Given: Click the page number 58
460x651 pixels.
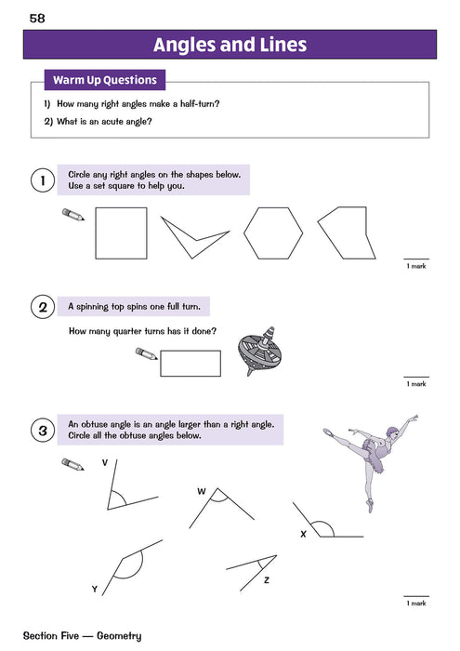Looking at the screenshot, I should [x=37, y=18].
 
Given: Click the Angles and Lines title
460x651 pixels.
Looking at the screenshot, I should [x=230, y=45].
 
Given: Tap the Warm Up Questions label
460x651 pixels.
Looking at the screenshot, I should [x=105, y=80].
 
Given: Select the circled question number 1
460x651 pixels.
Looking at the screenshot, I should [x=40, y=180].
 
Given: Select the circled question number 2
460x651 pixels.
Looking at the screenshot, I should [x=40, y=306].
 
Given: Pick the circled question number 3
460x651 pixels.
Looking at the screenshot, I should [x=40, y=431].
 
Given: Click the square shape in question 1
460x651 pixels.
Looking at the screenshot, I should [x=121, y=232].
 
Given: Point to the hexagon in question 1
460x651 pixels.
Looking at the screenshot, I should [x=273, y=232].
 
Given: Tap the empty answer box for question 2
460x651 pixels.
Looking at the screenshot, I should [x=191, y=363].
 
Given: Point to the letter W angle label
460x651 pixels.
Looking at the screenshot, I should [x=202, y=490].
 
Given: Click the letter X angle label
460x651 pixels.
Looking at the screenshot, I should [x=303, y=535].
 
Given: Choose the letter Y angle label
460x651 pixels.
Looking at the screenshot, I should [x=94, y=590].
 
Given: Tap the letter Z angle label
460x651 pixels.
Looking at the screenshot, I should [x=266, y=579].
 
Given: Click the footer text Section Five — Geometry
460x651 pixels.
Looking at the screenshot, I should [x=85, y=636].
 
